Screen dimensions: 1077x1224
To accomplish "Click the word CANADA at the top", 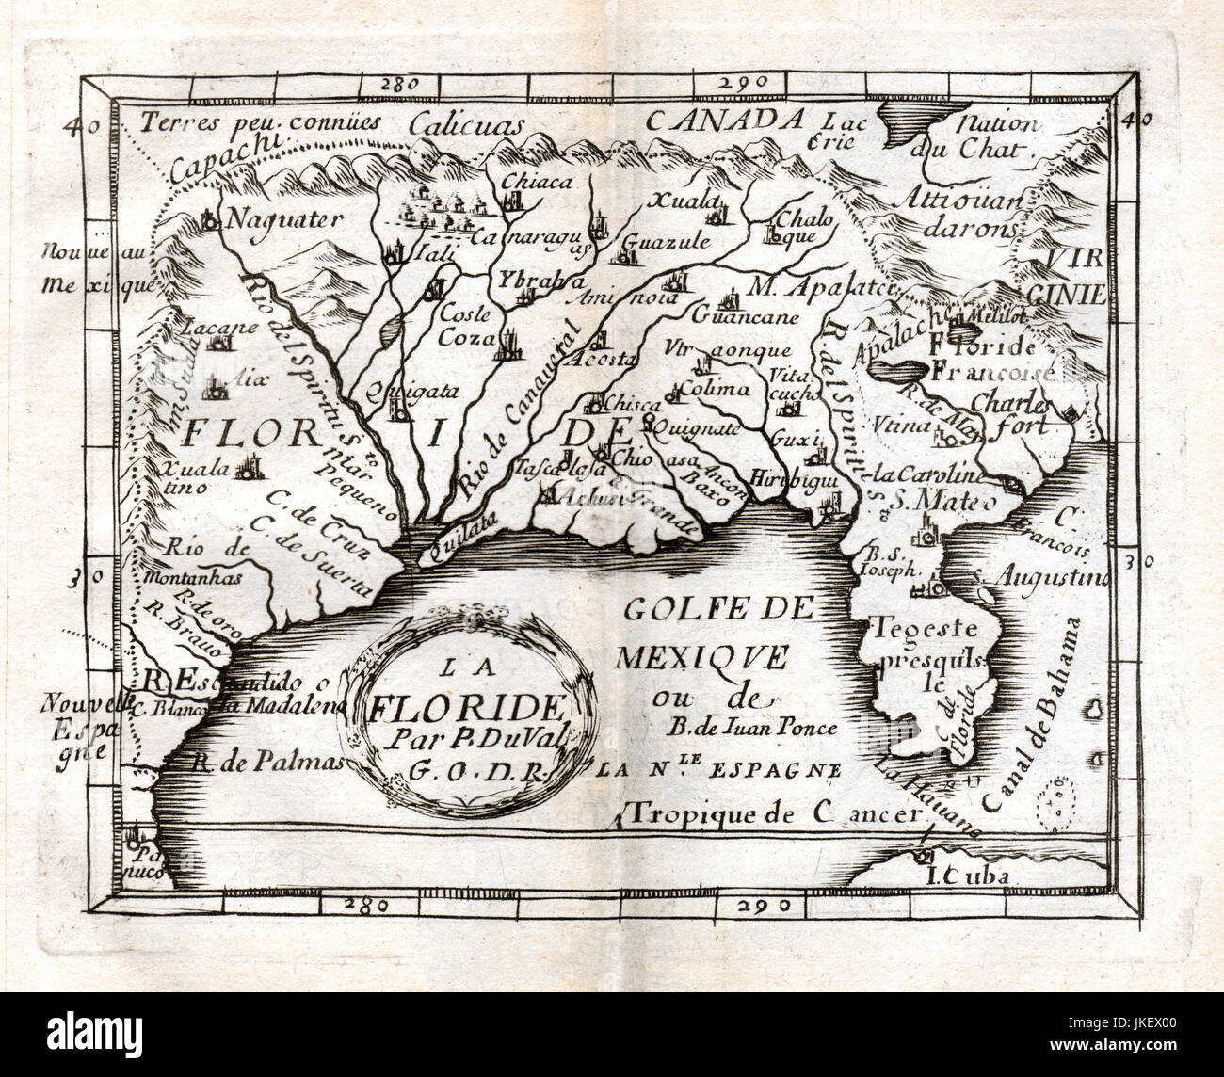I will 724,121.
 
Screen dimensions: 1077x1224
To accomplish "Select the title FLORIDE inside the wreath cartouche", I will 467,705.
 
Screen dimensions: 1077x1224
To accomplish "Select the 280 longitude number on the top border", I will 399,84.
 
